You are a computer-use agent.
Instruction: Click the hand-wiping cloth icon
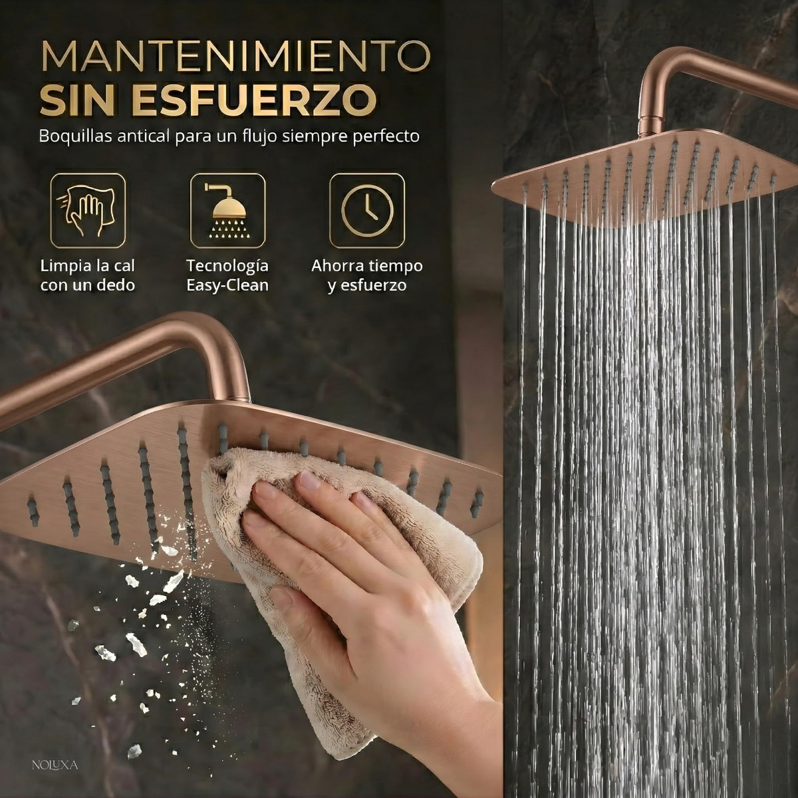(x=88, y=211)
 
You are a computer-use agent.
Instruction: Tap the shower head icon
(x=227, y=211)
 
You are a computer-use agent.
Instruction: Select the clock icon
(x=367, y=211)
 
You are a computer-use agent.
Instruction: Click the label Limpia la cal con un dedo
(x=88, y=275)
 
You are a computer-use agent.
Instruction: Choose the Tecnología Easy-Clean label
(x=227, y=275)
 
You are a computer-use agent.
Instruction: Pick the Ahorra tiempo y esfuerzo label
(x=367, y=275)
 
